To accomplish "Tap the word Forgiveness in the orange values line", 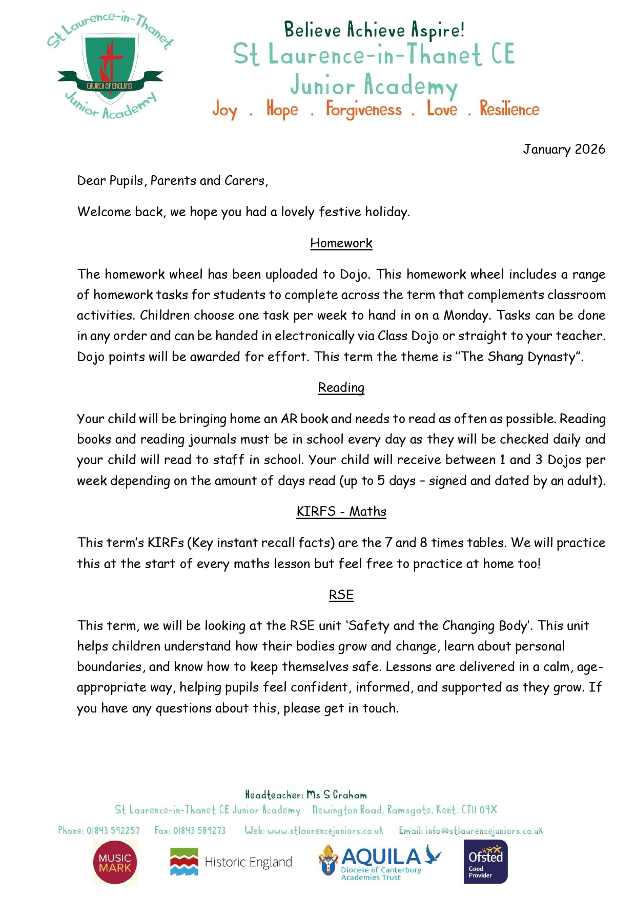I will coord(363,109).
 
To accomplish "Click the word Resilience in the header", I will coord(509,109).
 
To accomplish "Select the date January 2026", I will coord(564,149).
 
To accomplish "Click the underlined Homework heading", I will coord(341,243).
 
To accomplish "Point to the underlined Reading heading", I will coord(341,387).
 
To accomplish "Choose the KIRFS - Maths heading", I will coord(341,511).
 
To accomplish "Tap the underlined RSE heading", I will coord(341,595).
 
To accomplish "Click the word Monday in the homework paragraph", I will coord(466,315).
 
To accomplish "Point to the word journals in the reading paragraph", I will coord(220,440).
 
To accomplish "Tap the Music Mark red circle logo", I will coord(115,863).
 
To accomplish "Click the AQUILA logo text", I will coord(381,856).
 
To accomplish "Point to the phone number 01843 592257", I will coord(113,830).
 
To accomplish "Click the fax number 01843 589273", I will coord(199,830).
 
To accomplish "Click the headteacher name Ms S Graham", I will coord(337,795).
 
